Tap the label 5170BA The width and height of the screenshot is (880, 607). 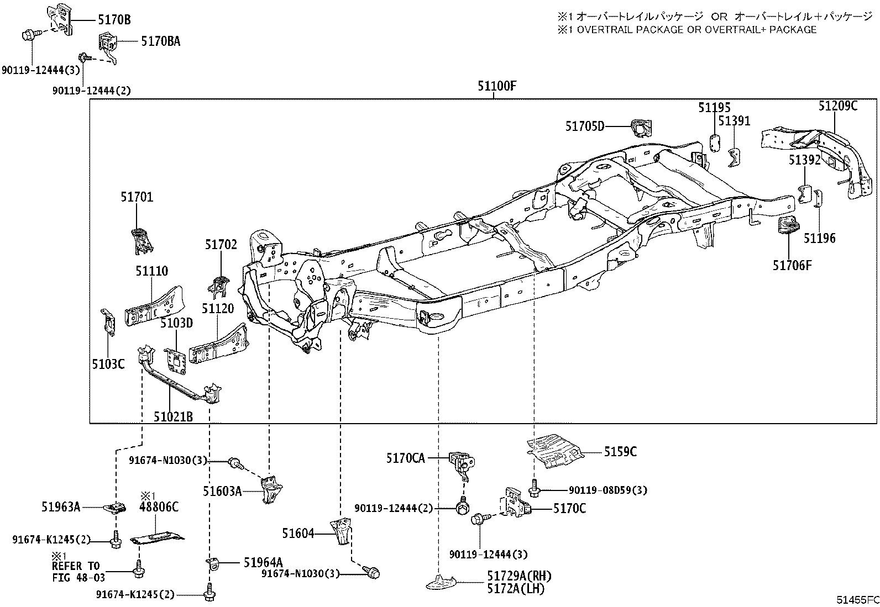(160, 41)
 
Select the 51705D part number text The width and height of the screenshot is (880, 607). (585, 126)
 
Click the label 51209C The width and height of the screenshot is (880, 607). (838, 105)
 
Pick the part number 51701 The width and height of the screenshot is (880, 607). (137, 197)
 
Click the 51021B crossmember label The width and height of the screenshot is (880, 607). (173, 416)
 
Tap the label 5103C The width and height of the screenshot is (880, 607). (108, 363)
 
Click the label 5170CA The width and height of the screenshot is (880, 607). (405, 458)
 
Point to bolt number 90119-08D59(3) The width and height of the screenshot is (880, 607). (608, 490)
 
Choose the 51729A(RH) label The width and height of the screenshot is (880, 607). (519, 576)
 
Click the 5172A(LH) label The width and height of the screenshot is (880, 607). (515, 589)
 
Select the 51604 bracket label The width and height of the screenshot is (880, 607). (298, 533)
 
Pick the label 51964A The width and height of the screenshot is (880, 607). (263, 562)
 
